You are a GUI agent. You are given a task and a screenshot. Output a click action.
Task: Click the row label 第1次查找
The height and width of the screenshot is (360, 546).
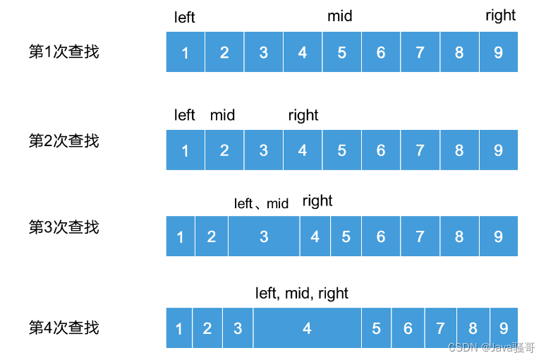[63, 52]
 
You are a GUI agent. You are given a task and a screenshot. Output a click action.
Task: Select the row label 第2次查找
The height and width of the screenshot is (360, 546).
[63, 140]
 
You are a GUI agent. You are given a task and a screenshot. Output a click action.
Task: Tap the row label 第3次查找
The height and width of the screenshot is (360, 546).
[63, 227]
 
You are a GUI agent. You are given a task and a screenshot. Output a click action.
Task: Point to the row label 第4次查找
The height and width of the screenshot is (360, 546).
[63, 328]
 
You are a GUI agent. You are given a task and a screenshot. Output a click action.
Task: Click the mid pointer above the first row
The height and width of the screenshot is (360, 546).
[339, 16]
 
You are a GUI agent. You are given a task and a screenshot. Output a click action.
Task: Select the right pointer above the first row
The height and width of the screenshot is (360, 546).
[500, 16]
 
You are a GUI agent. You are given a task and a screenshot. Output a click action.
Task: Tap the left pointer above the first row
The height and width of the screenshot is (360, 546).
[185, 18]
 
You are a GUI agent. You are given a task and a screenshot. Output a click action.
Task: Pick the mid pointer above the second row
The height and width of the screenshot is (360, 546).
[222, 115]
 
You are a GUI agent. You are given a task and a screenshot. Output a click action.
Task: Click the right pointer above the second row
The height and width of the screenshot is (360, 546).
[303, 116]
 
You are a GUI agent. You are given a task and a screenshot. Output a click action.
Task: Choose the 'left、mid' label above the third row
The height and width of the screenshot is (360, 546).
[261, 203]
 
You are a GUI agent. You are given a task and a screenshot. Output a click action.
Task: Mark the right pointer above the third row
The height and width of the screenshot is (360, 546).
[317, 201]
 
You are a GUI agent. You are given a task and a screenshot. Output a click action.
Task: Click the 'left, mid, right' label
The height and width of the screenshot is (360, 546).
[302, 293]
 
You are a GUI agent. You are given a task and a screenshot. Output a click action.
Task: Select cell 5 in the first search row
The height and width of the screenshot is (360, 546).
[341, 52]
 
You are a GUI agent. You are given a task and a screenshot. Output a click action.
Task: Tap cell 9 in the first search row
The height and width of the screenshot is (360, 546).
[498, 52]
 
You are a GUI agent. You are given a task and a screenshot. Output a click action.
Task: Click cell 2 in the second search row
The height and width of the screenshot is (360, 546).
[224, 150]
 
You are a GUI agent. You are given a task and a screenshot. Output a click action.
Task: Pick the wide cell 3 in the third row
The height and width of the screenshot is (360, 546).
[264, 236]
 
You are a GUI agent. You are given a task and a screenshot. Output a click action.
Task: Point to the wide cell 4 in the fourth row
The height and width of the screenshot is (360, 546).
[307, 328]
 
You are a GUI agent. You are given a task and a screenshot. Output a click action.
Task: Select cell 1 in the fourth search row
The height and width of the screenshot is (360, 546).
[179, 328]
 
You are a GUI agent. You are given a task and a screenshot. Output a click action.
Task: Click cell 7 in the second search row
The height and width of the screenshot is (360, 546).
[420, 150]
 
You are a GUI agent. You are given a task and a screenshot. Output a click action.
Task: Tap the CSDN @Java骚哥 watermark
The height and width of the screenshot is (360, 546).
[492, 347]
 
